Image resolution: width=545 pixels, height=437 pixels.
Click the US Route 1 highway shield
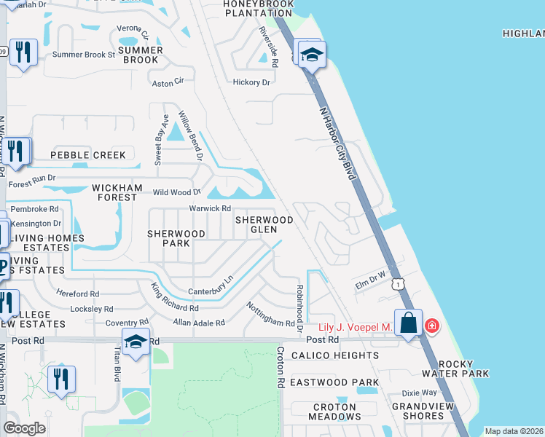(x=397, y=283)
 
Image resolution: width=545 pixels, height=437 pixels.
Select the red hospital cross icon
(x=432, y=326)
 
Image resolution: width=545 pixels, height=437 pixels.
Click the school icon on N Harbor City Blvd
(x=311, y=55)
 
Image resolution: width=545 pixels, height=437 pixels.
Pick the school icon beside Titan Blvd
(x=136, y=342)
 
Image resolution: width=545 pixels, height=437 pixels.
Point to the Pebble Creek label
(x=88, y=155)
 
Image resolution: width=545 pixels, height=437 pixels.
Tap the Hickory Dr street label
(x=251, y=82)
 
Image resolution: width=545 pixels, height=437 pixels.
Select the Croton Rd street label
(x=279, y=366)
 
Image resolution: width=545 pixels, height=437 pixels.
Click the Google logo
(x=24, y=428)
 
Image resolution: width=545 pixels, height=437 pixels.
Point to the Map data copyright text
(x=514, y=431)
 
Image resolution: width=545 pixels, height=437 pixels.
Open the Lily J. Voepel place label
(x=356, y=328)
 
